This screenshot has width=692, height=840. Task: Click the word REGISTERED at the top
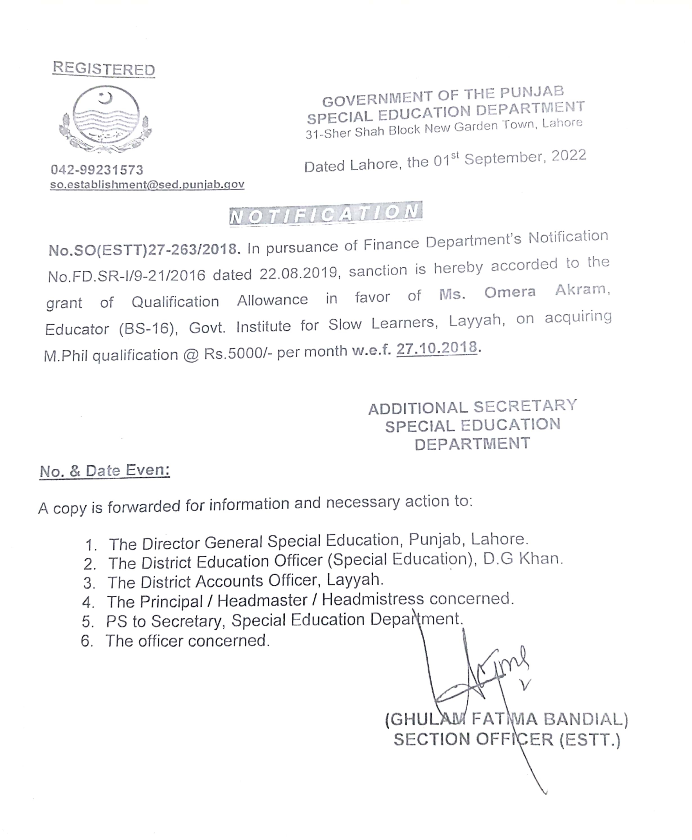(104, 69)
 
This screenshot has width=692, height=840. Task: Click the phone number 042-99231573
(97, 170)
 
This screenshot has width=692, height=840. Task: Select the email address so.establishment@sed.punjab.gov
(147, 185)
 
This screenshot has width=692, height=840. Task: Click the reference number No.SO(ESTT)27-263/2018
(144, 250)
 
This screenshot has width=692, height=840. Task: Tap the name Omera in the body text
(510, 292)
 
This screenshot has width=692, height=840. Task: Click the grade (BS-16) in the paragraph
(148, 329)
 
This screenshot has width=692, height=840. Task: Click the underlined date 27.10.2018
(437, 348)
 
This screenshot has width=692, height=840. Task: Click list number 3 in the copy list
(89, 583)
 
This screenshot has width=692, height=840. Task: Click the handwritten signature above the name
(478, 673)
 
